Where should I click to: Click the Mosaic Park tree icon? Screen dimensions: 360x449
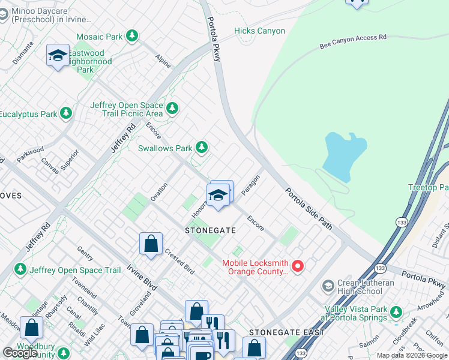pyautogui.click(x=132, y=37)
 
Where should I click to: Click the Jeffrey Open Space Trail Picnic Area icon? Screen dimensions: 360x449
pyautogui.click(x=173, y=109)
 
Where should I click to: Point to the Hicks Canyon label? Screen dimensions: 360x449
pyautogui.click(x=259, y=31)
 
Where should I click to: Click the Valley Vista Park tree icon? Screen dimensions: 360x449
pyautogui.click(x=396, y=311)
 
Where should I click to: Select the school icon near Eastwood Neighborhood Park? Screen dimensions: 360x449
pyautogui.click(x=57, y=56)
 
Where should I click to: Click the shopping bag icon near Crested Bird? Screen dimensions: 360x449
pyautogui.click(x=151, y=243)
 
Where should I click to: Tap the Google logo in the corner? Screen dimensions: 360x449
pyautogui.click(x=20, y=352)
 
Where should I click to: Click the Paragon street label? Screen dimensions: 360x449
pyautogui.click(x=250, y=185)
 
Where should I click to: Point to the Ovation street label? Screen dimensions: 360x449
pyautogui.click(x=158, y=191)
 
